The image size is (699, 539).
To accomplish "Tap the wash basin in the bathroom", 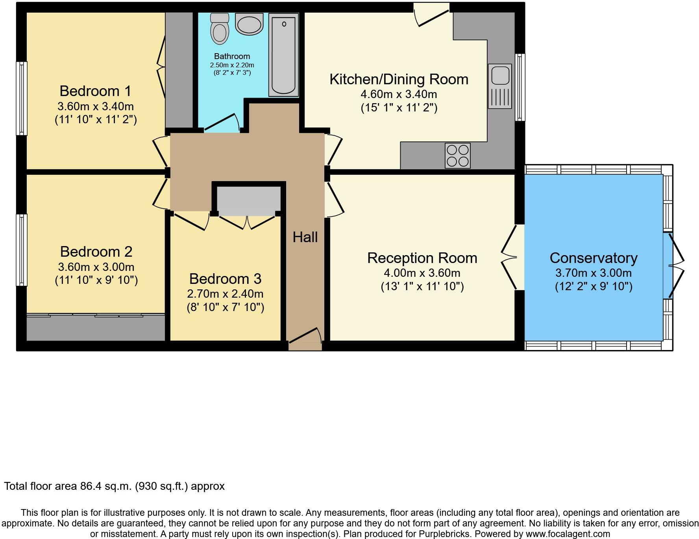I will coord(249,24).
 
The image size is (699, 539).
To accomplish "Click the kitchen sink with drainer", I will coord(500,86).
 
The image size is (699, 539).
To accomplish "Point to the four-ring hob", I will coord(457,156).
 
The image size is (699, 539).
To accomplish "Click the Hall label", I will coord(305,237).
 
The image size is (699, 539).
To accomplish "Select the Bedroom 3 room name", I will coord(225,279).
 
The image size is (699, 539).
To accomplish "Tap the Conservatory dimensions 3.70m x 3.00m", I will coord(593,273).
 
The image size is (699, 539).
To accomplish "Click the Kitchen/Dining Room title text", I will coord(399,79).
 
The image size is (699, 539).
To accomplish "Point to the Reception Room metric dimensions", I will coord(422,273).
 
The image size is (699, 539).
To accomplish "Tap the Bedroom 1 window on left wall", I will coord(22,98).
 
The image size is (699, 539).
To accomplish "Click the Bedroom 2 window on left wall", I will coord(22,250).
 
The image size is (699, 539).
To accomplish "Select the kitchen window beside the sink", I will coord(520,87).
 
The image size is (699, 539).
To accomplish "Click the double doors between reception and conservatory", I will coord(512,257).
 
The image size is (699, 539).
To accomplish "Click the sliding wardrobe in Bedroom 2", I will coord(96,326).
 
